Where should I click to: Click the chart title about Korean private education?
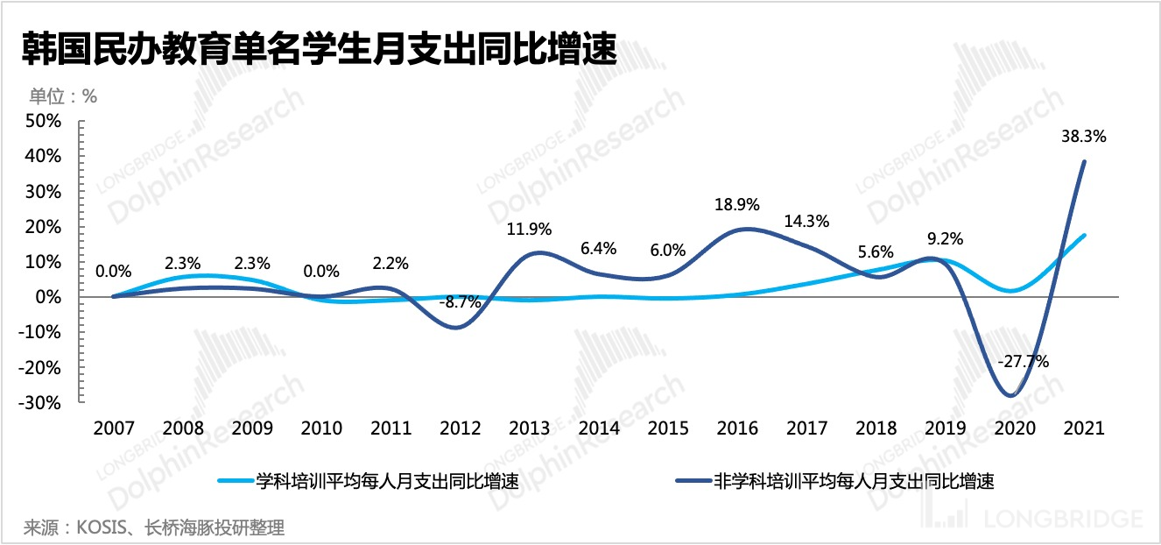320,48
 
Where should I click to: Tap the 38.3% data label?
1084,137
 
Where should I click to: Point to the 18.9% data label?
736,204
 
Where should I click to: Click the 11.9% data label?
529,230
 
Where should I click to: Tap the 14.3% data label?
807,221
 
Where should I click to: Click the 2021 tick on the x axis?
1084,428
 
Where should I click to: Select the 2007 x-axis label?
114,428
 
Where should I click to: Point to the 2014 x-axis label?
599,428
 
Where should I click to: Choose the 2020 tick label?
1015,428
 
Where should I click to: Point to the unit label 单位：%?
63,96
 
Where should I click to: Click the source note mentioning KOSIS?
154,527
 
